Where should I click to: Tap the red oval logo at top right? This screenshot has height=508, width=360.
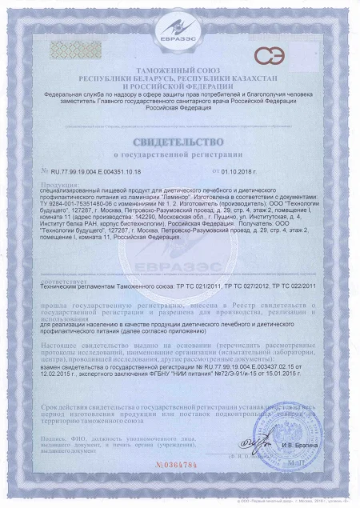click(x=270, y=56)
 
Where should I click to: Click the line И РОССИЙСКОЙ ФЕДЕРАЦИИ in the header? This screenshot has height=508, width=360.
click(x=179, y=87)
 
